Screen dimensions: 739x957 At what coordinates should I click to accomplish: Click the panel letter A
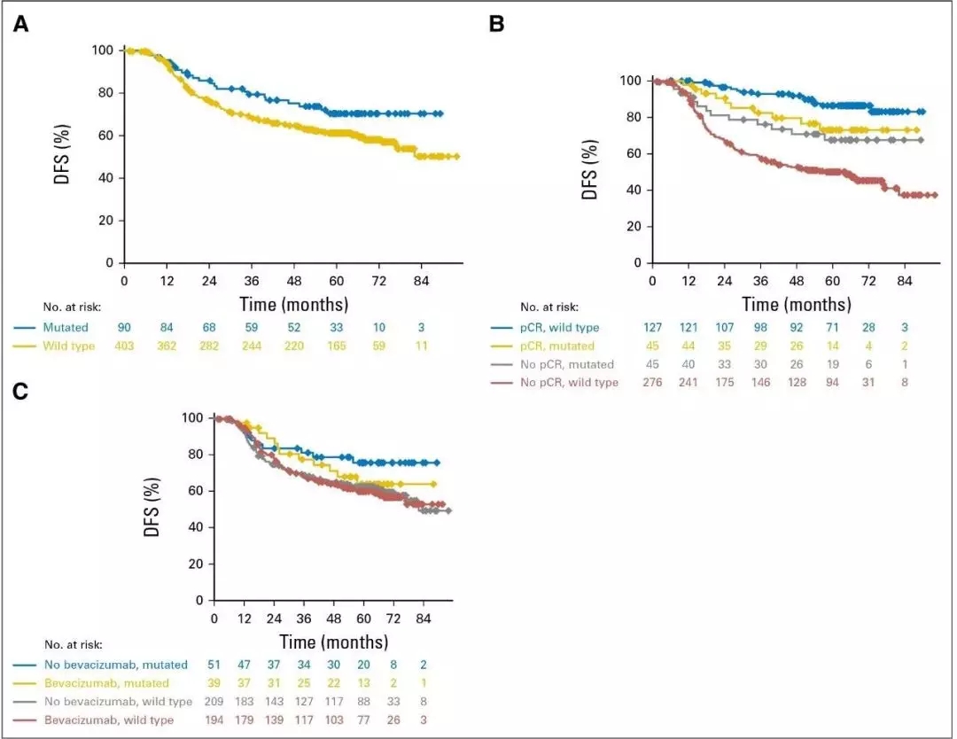20,25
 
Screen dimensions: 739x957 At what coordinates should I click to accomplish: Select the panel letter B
497,25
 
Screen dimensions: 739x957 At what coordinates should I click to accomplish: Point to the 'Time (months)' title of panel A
293,305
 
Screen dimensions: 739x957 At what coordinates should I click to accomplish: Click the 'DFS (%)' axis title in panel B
591,171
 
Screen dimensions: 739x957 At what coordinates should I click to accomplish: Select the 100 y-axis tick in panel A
103,51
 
